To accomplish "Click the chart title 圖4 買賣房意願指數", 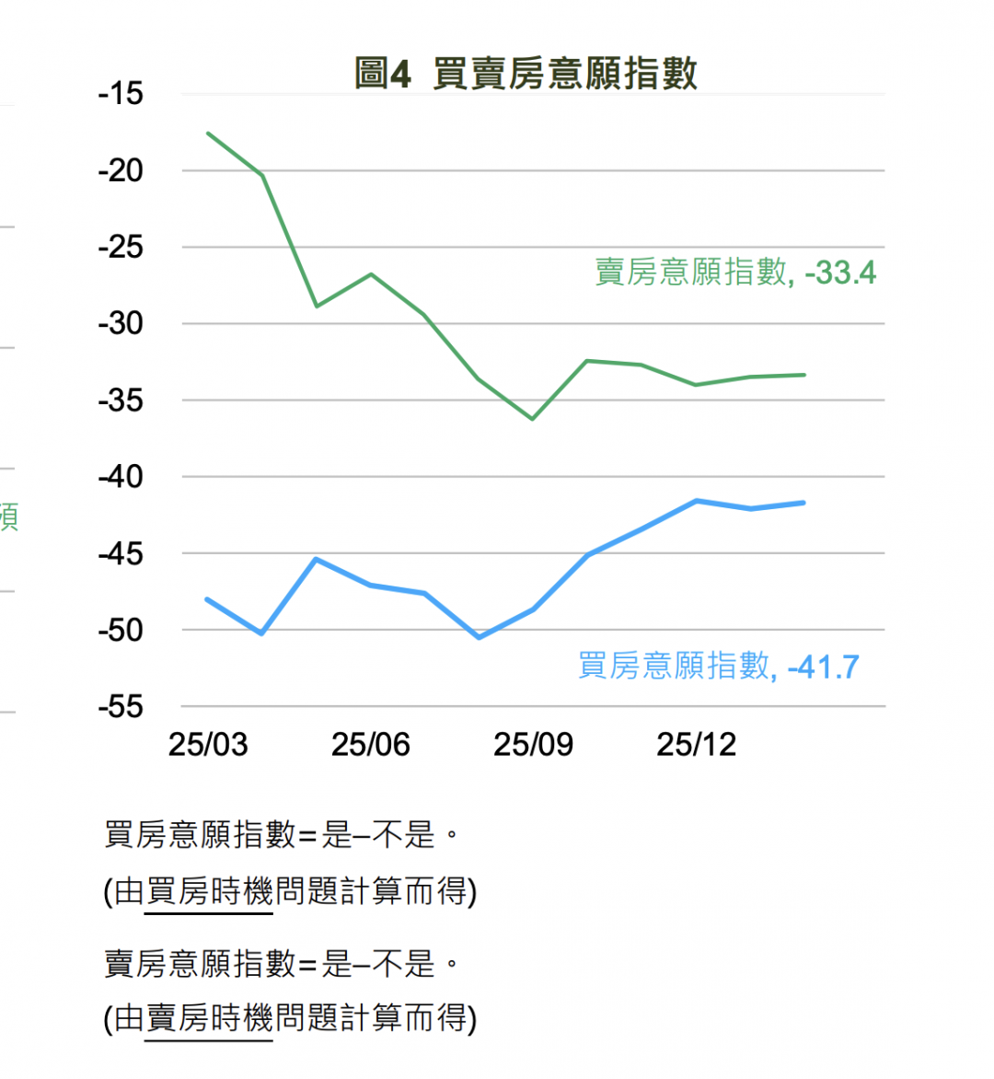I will coord(526,74).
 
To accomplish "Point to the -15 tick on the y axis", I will coord(121,94).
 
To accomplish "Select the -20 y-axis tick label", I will coord(121,170).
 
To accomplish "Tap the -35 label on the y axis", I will coord(121,400).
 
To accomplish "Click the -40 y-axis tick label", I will coord(121,477).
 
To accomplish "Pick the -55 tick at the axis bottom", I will coord(121,707).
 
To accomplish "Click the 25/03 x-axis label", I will coord(208,745).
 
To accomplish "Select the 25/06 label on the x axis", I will coord(370,745).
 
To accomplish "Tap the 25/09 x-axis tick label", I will coord(533,745).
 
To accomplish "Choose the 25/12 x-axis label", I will coord(696,745).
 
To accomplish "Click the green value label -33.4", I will coord(840,273).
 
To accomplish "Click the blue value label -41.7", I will coord(824,666).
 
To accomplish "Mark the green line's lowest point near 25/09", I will coord(533,419).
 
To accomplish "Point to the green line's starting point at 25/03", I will coord(208,133).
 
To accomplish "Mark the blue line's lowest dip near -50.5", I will coord(479,637).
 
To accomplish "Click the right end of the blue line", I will coord(803,503).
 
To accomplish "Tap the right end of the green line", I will coord(803,375).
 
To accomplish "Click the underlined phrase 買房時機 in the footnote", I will coord(209,891).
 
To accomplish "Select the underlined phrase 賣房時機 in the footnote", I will coord(209,1018).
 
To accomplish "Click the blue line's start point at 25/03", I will coord(207,599).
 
